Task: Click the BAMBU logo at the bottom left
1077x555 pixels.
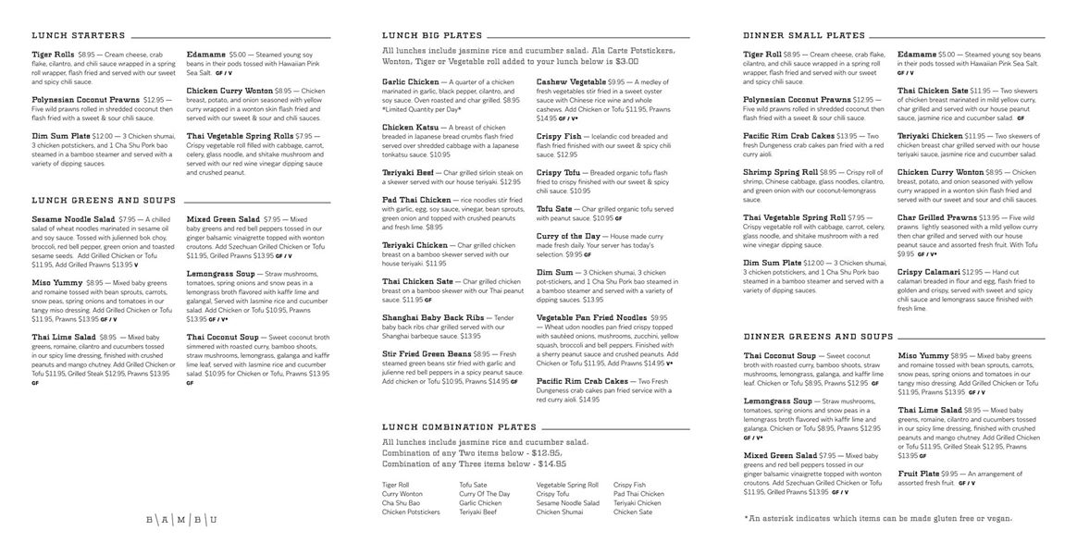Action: [x=181, y=520]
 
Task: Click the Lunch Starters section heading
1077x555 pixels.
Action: [x=78, y=36]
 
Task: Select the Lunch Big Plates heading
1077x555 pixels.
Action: [x=431, y=36]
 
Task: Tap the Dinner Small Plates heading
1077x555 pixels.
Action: [x=804, y=36]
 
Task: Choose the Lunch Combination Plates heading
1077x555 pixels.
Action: [x=459, y=427]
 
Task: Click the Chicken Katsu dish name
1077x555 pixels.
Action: [x=411, y=127]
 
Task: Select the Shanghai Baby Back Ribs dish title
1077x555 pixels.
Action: [x=433, y=316]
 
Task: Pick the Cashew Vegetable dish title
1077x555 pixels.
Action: [x=571, y=81]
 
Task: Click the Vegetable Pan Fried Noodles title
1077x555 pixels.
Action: [x=592, y=316]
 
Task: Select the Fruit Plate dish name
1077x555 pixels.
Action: [x=919, y=473]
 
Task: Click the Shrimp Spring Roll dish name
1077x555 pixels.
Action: [x=780, y=172]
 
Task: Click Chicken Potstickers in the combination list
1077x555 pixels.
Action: [x=411, y=512]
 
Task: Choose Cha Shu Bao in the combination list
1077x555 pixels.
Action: [x=401, y=502]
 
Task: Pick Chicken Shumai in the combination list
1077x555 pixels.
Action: [x=560, y=512]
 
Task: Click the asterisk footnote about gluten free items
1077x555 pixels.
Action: [x=878, y=518]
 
